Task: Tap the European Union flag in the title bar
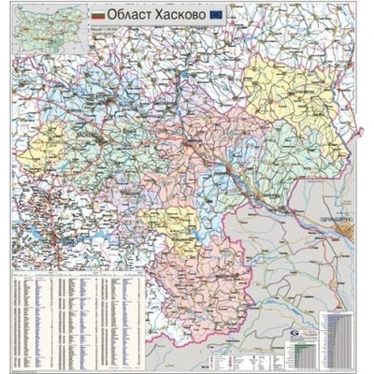217,15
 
